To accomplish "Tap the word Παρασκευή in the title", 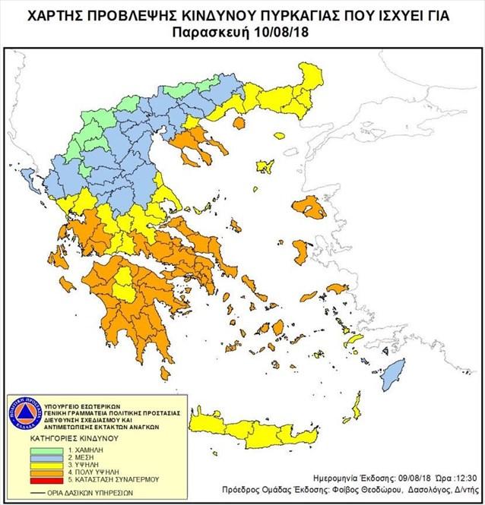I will tap(217, 32).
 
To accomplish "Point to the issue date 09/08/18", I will tap(419, 479).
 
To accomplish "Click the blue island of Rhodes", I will tap(394, 374).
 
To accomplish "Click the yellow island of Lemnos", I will tap(265, 166).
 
